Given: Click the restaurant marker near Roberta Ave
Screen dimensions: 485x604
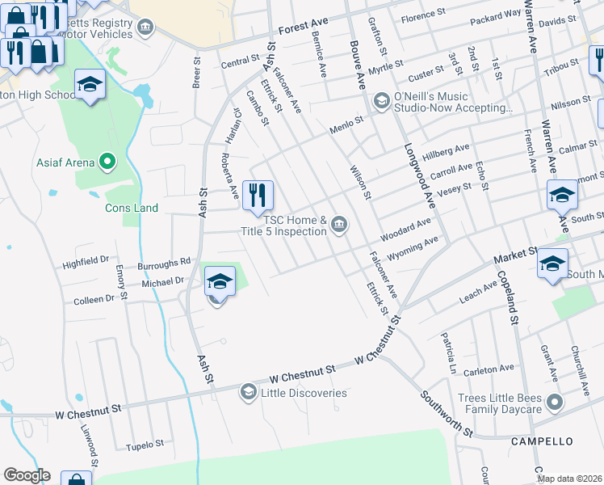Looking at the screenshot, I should (x=258, y=195).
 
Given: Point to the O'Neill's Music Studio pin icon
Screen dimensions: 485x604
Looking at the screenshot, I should (x=382, y=100).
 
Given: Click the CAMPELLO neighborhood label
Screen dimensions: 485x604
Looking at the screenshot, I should (x=542, y=441).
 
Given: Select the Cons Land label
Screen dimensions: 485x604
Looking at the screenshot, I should (x=132, y=208).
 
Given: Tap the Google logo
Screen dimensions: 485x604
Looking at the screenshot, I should (x=27, y=475).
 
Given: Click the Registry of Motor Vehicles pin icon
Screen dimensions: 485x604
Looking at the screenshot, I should (x=146, y=29).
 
